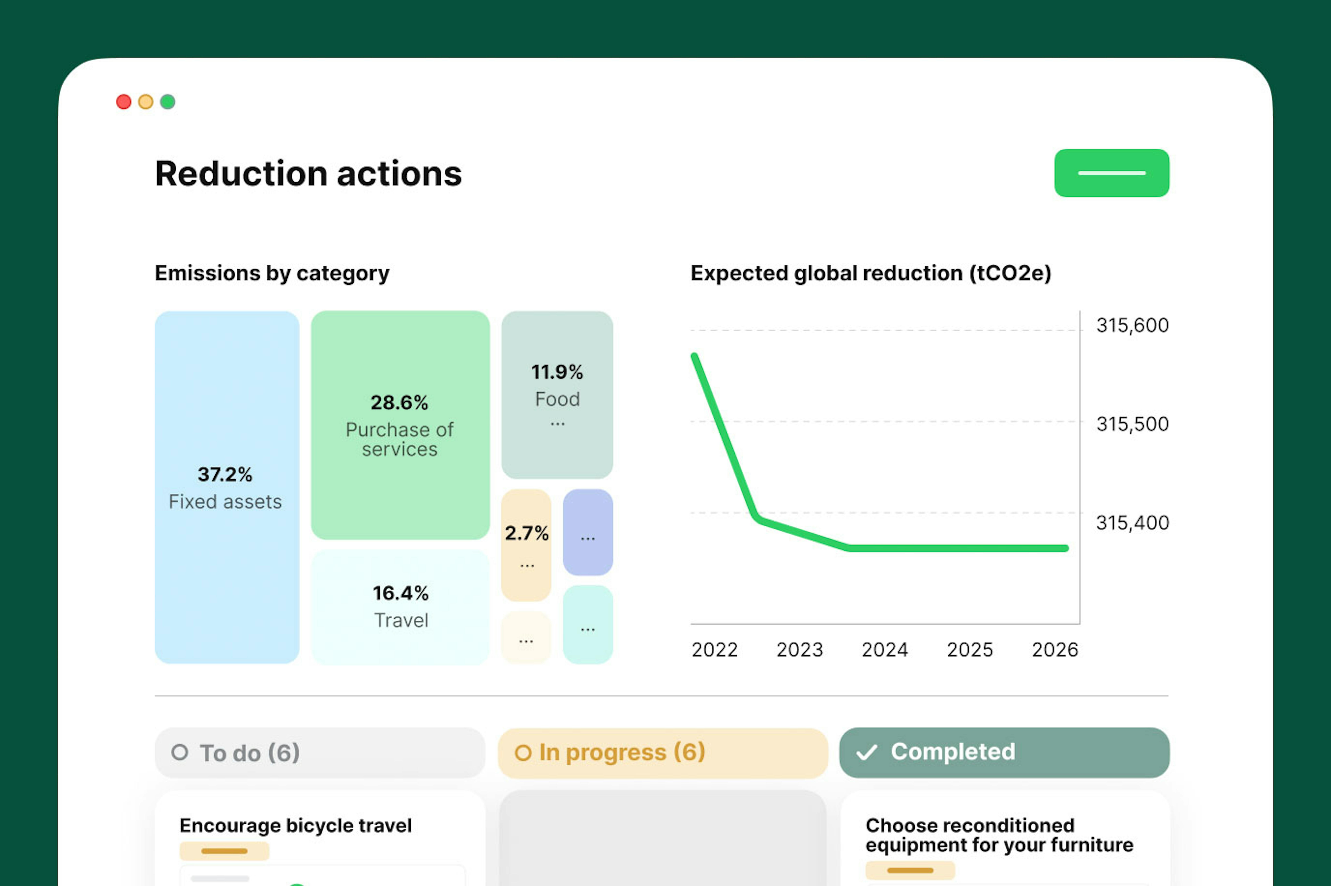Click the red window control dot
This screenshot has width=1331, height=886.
[x=124, y=102]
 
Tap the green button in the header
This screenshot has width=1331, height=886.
[x=1111, y=173]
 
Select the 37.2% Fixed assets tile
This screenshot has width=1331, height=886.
[x=227, y=487]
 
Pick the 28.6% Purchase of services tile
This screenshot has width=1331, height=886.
[x=400, y=425]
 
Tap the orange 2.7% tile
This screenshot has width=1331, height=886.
[x=526, y=545]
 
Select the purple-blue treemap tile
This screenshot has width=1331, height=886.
[x=588, y=532]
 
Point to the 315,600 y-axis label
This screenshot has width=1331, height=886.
[x=1132, y=325]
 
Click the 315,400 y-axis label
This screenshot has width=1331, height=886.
[x=1132, y=523]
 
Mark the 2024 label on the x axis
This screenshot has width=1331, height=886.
[x=885, y=650]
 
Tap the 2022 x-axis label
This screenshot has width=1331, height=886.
[x=715, y=650]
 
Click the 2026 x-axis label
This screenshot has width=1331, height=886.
[x=1055, y=650]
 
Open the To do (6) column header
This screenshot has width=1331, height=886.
[x=320, y=753]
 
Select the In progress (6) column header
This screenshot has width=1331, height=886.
[x=663, y=753]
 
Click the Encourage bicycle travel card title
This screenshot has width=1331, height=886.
[x=296, y=826]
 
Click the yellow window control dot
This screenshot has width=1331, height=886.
[x=146, y=102]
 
